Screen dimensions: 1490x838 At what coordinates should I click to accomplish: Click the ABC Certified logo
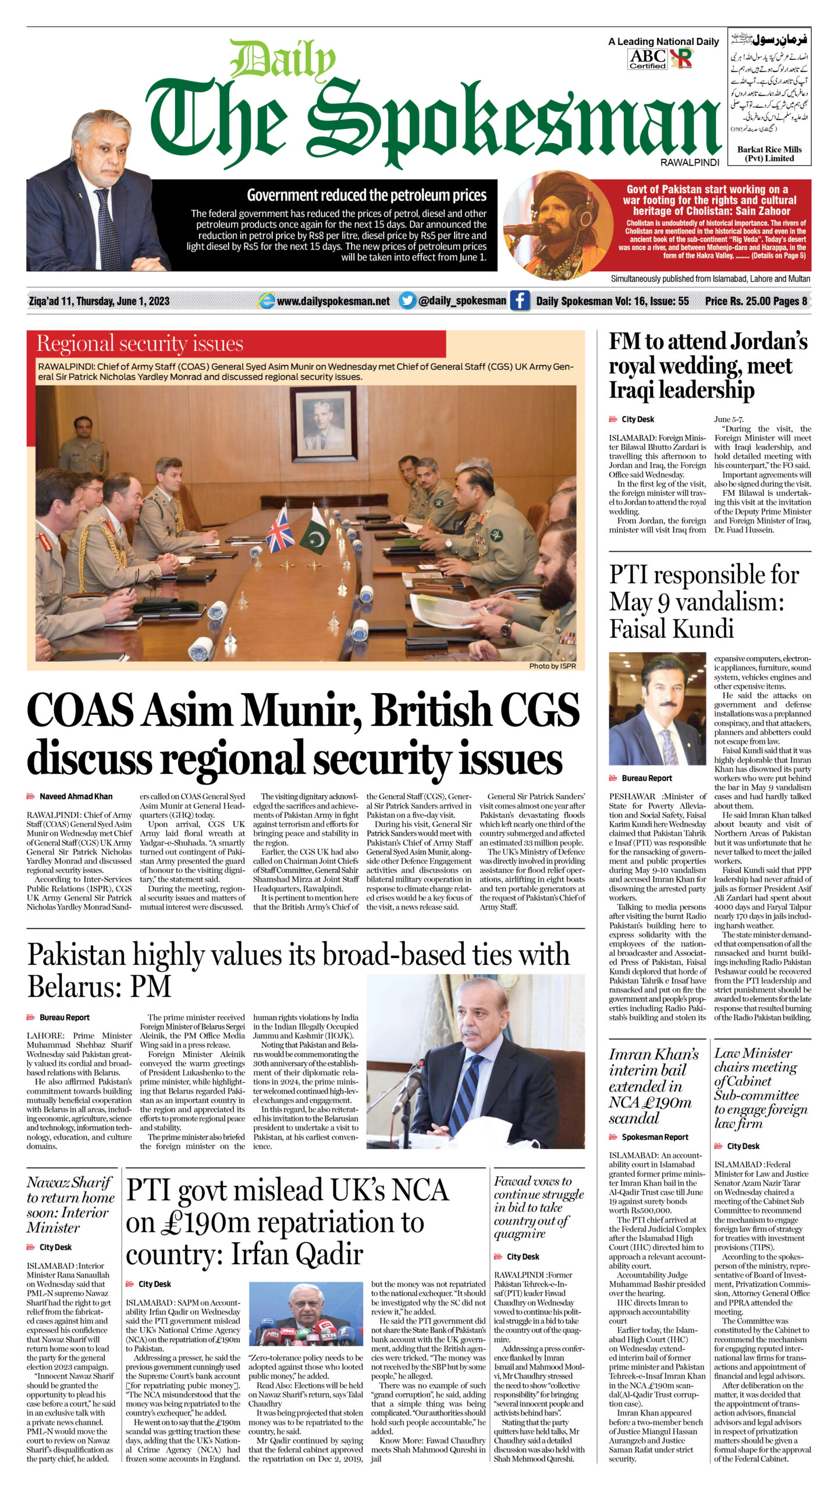[x=647, y=58]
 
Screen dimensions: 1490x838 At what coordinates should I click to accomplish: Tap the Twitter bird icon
[x=407, y=300]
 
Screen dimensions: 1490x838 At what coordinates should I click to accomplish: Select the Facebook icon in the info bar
[x=520, y=300]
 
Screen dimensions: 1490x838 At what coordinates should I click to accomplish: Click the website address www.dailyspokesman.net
[x=333, y=301]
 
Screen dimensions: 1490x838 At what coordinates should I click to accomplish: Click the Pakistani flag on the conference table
[x=314, y=530]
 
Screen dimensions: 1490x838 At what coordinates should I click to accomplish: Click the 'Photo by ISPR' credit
[x=552, y=666]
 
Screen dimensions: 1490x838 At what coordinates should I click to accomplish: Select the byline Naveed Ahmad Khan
[x=76, y=796]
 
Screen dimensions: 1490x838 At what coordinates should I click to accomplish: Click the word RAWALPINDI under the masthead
[x=690, y=163]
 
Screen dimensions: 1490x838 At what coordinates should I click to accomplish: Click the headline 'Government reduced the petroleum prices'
[x=367, y=195]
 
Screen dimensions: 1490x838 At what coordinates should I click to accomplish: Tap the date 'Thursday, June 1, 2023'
[x=123, y=301]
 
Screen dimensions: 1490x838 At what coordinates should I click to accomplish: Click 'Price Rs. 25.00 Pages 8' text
[x=755, y=301]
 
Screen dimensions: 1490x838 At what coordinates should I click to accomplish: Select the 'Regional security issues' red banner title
[x=140, y=343]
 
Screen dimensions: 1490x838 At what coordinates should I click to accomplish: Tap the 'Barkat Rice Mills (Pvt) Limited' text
[x=769, y=154]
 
